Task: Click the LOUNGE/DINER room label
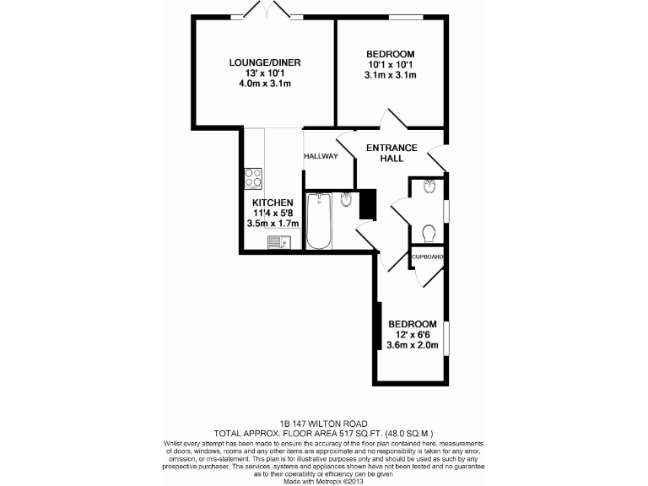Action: [266, 62]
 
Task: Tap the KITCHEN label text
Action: [273, 202]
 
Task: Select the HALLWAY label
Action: [321, 156]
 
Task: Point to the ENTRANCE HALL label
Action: [391, 153]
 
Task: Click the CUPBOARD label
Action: [428, 256]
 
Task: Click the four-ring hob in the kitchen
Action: [254, 179]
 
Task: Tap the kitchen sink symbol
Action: [278, 243]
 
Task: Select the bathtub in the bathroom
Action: [318, 221]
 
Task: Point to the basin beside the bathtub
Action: [347, 200]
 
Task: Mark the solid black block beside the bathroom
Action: [366, 205]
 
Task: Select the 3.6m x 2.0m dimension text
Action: [413, 344]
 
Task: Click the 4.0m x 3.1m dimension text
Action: [266, 84]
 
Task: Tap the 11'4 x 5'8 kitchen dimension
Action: [273, 213]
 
